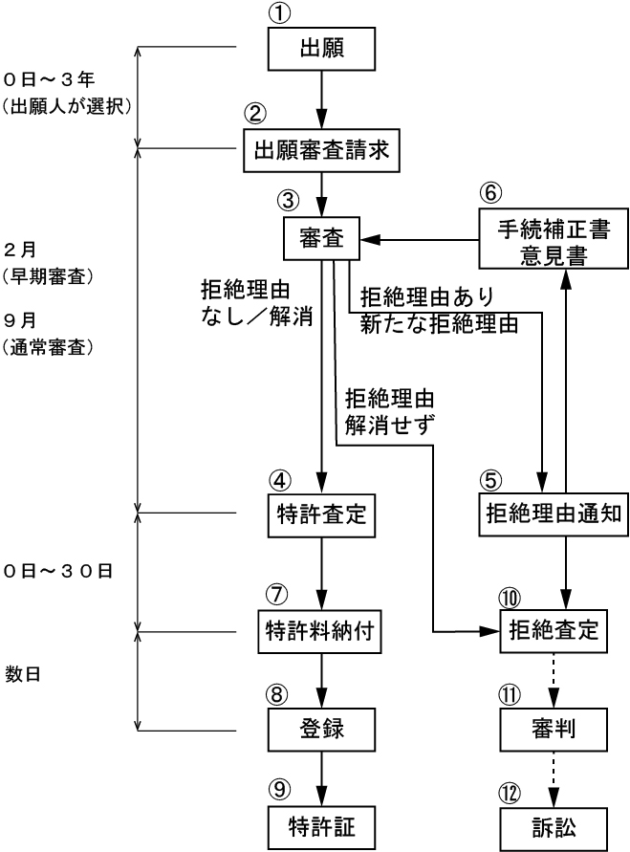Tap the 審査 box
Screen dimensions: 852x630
[x=321, y=236]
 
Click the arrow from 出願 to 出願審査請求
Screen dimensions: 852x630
[x=321, y=98]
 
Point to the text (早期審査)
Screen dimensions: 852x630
[x=48, y=277]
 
